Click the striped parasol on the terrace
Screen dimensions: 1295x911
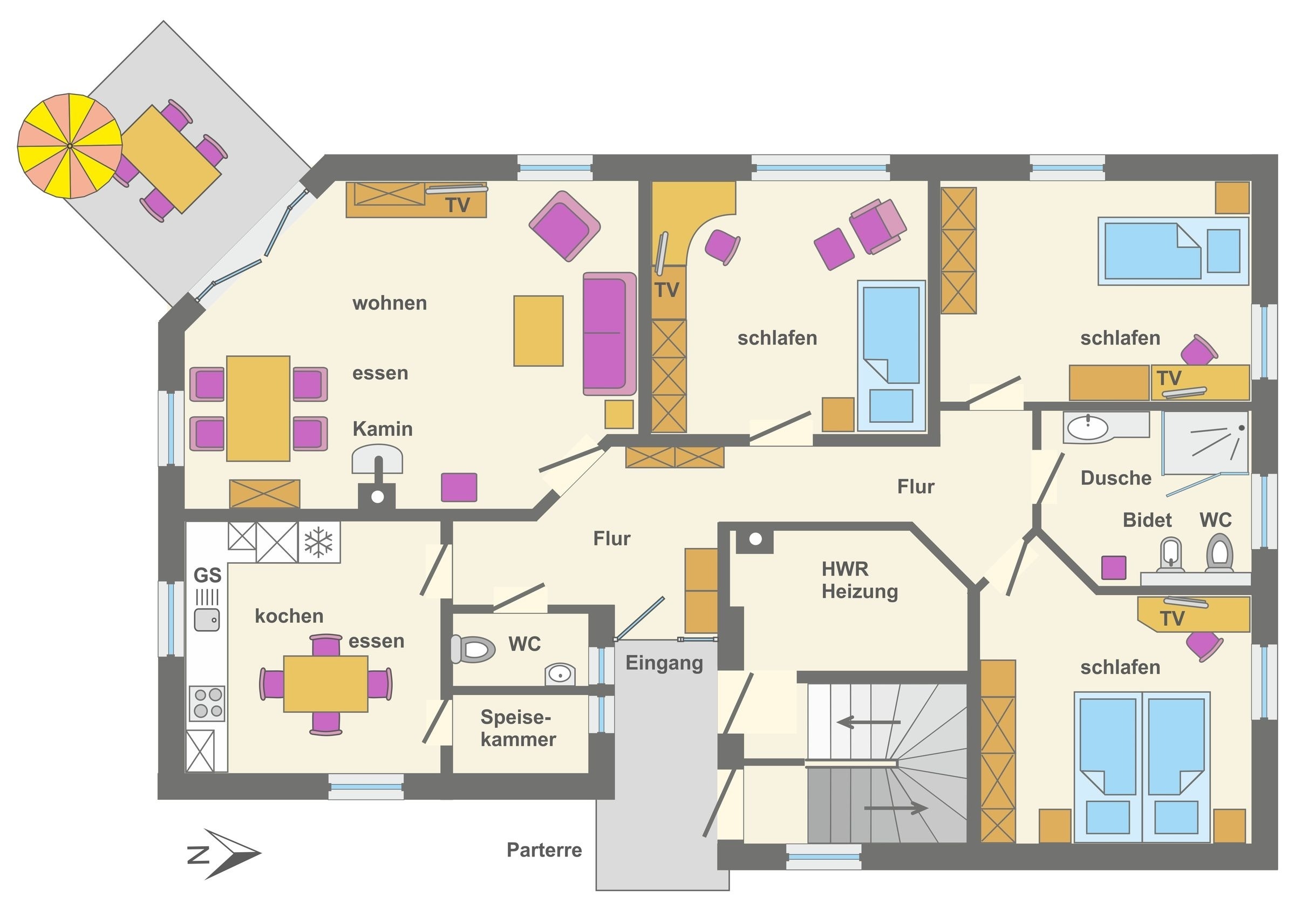70,146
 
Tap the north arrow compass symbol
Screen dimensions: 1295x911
224,853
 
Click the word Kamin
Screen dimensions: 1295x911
383,429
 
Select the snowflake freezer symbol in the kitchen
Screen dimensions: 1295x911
319,542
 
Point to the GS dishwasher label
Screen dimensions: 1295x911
208,575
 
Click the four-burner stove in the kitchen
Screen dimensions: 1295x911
207,703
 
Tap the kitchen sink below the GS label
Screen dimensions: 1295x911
207,620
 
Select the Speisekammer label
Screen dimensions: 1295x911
518,728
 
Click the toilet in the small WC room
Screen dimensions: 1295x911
473,649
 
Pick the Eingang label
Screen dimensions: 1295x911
664,663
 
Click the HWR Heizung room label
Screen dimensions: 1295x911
860,580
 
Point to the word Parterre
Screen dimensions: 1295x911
544,850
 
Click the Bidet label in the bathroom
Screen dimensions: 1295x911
1147,520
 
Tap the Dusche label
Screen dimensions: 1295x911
1116,478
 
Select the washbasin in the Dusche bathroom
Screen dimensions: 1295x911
1087,427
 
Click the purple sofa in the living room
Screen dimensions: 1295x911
609,334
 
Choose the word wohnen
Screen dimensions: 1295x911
390,303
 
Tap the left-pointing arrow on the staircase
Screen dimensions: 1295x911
869,722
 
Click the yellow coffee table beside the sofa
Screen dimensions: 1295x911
538,331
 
